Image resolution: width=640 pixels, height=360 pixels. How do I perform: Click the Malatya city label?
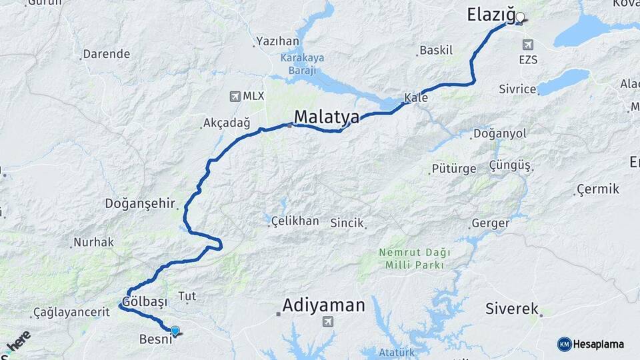coord(327,117)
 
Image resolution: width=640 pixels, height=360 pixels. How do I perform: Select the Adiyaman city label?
coord(324,306)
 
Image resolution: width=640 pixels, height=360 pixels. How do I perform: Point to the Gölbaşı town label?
coord(145,301)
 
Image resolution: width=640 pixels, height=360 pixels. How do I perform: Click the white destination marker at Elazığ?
coord(520,18)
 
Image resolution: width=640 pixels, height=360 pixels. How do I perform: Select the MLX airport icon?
coord(235,96)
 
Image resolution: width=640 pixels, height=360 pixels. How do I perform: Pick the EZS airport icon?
coord(528,45)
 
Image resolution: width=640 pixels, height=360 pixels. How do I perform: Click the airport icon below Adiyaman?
coord(327,323)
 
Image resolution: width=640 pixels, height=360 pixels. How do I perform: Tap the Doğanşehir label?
coord(139,203)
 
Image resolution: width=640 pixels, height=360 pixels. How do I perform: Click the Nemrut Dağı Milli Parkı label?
coord(414,259)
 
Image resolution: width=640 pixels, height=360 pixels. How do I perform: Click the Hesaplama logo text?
coord(598,344)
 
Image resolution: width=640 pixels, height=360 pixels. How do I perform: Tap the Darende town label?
coord(107,54)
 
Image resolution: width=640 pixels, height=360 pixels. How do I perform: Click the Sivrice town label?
coord(518,89)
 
